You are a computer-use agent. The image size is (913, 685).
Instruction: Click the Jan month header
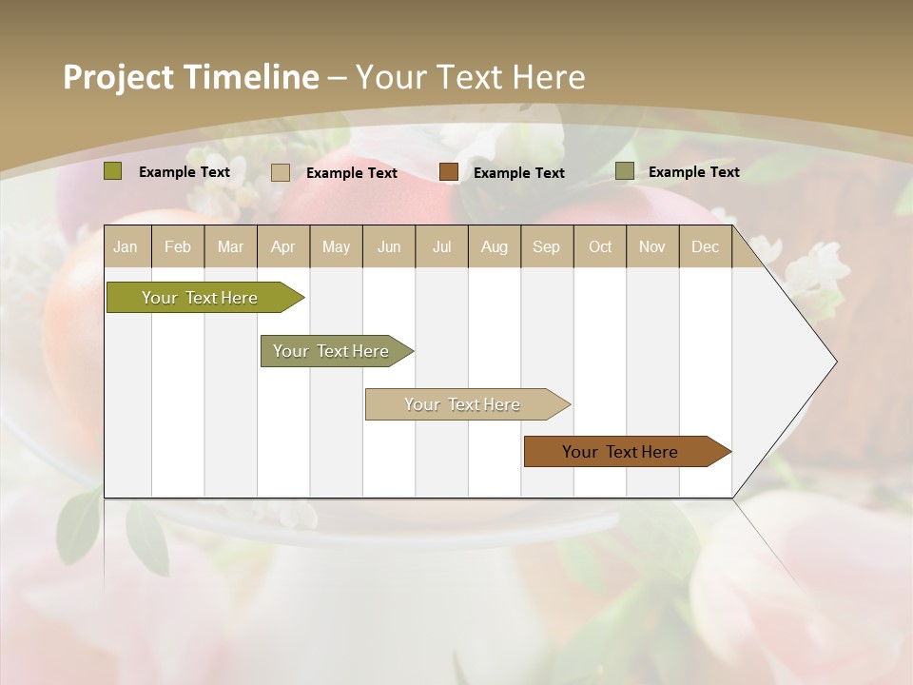point(126,246)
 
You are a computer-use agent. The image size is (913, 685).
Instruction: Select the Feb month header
point(178,246)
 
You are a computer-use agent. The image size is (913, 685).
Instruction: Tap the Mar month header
point(230,246)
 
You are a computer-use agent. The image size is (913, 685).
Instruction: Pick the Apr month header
point(283,246)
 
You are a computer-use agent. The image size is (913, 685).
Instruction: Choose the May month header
point(336,246)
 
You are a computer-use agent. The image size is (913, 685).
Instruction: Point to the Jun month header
point(389,246)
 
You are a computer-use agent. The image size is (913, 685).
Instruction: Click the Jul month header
point(441,246)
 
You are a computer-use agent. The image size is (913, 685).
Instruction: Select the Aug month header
point(495,246)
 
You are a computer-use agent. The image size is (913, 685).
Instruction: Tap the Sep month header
point(547,246)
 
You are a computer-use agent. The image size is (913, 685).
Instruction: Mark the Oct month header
point(600,246)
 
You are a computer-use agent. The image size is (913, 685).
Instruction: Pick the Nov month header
point(652,246)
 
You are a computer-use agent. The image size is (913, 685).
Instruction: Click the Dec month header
point(706,246)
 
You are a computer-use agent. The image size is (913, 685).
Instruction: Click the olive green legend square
point(112,171)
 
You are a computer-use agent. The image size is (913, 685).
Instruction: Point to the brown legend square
point(449,172)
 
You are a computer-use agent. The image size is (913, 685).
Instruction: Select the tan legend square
point(281,172)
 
